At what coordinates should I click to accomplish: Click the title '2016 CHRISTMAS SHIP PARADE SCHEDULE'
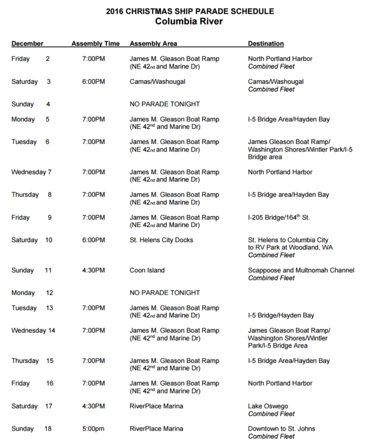point(189,11)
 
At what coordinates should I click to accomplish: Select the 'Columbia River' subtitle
point(189,22)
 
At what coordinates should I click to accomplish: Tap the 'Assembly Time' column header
point(95,43)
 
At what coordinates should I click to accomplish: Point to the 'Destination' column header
point(266,43)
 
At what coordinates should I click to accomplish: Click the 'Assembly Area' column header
point(153,43)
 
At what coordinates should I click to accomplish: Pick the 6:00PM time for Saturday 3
point(93,82)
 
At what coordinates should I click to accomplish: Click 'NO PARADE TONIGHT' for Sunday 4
point(164,104)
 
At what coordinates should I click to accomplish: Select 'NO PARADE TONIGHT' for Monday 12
point(164,293)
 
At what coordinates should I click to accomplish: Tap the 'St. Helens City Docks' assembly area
point(162,240)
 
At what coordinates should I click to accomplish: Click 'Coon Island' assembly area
point(147,270)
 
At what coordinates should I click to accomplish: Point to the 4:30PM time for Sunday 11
point(93,270)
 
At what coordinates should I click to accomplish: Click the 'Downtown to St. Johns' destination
point(282,429)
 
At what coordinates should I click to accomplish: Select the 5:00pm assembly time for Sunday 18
point(93,429)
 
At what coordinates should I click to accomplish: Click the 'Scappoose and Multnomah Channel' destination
point(301,270)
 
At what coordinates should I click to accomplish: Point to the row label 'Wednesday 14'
point(33,331)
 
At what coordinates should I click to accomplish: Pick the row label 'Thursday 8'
point(31,195)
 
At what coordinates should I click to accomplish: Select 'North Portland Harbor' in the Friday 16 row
point(280,383)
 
